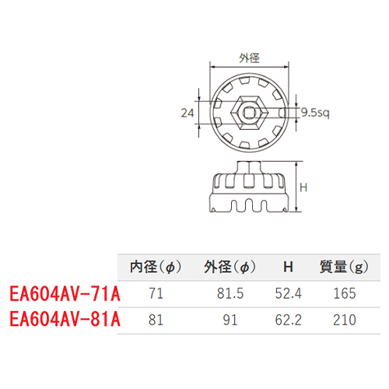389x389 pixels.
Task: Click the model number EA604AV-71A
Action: click(x=65, y=293)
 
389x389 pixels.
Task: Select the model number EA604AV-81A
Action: click(x=65, y=319)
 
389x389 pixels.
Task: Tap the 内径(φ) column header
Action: click(x=156, y=267)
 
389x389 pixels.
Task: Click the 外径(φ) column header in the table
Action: click(x=230, y=267)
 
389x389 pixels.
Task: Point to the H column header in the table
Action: click(x=288, y=267)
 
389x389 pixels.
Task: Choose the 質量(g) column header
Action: click(x=344, y=267)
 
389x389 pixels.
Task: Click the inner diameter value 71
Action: click(x=156, y=293)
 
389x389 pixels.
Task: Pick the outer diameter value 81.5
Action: click(x=230, y=293)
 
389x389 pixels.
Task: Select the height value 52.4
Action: click(x=289, y=293)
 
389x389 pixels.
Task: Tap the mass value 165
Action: click(x=345, y=293)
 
